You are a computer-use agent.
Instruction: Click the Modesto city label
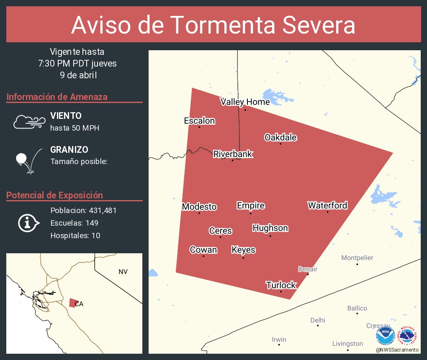[199, 207]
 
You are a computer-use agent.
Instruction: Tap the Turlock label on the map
[281, 285]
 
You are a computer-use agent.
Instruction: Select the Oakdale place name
[280, 138]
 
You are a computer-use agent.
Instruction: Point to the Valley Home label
[245, 102]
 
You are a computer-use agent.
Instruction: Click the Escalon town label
[199, 121]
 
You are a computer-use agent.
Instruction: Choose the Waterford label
[327, 206]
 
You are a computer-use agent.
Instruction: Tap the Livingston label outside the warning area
[347, 344]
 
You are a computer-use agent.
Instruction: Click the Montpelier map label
[357, 258]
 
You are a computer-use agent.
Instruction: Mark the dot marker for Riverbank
[233, 160]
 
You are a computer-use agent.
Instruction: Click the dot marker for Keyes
[243, 258]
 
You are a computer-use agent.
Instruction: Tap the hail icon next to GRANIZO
[28, 161]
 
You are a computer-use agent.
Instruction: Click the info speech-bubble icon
[28, 223]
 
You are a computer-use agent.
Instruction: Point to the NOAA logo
[386, 336]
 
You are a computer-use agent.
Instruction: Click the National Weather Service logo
[408, 336]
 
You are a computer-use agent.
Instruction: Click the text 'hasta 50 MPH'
[75, 128]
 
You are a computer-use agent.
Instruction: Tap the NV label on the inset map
[123, 272]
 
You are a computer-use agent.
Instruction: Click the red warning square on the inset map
[73, 303]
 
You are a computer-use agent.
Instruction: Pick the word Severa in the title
[318, 25]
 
